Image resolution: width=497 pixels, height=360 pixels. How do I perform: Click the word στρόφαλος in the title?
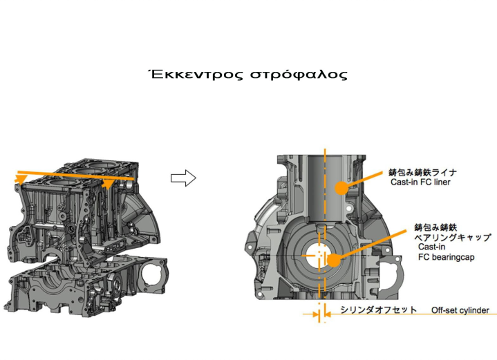[x=299, y=75]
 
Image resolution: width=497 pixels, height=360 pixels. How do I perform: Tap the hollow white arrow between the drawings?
[x=183, y=178]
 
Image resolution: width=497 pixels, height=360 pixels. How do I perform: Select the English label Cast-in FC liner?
[x=420, y=182]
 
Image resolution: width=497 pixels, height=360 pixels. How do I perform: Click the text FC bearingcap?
[x=447, y=256]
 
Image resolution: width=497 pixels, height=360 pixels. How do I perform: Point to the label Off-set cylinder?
[x=460, y=310]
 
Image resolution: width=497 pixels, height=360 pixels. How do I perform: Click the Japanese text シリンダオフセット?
[x=379, y=310]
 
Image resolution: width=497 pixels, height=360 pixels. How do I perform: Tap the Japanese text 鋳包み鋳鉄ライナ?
[x=423, y=172]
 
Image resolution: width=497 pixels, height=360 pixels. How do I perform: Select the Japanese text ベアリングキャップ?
[x=453, y=238]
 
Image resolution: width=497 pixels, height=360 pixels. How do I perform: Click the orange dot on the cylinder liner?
[x=341, y=188]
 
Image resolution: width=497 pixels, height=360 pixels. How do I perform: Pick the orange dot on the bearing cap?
[x=333, y=260]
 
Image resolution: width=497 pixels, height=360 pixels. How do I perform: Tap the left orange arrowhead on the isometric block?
[x=21, y=179]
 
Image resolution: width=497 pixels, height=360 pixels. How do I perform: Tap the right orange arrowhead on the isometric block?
[x=108, y=184]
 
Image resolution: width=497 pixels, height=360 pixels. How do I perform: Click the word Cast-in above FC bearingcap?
[x=431, y=247]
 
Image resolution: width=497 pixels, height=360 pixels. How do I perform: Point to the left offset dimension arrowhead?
[x=315, y=314]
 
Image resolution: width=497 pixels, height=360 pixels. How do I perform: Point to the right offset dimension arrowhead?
[x=328, y=314]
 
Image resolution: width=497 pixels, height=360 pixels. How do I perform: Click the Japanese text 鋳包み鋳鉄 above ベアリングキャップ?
[x=435, y=227]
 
